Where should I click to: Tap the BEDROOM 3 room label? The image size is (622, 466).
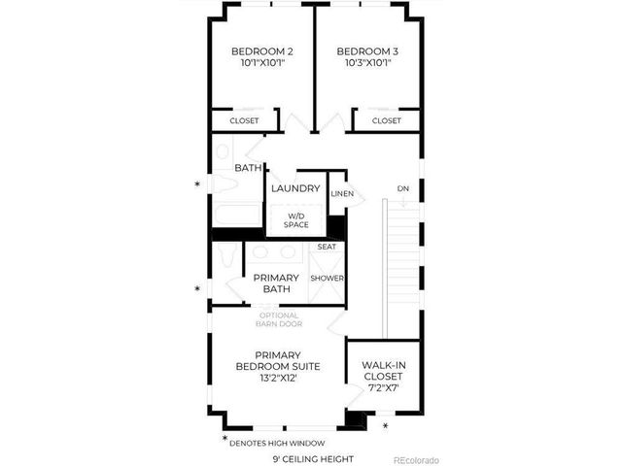click(x=367, y=51)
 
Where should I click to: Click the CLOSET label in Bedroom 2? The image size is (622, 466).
click(x=244, y=121)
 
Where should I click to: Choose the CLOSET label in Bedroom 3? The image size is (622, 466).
click(x=386, y=121)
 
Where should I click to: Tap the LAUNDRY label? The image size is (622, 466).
click(x=296, y=188)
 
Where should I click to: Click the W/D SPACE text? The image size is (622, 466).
click(x=296, y=220)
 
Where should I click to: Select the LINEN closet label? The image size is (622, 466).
click(x=341, y=194)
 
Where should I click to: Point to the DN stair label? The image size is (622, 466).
click(x=402, y=188)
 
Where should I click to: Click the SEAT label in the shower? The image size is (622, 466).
click(x=327, y=248)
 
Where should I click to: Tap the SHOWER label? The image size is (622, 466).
click(x=327, y=279)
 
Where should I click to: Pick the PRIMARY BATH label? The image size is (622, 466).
click(x=276, y=283)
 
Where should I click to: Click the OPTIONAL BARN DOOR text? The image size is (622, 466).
click(x=278, y=319)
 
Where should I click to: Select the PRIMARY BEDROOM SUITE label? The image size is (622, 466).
click(x=277, y=360)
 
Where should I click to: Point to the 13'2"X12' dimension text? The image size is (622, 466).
click(x=277, y=379)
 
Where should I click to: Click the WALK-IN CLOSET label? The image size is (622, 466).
click(x=382, y=370)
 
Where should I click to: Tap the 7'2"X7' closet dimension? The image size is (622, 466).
click(x=382, y=388)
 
